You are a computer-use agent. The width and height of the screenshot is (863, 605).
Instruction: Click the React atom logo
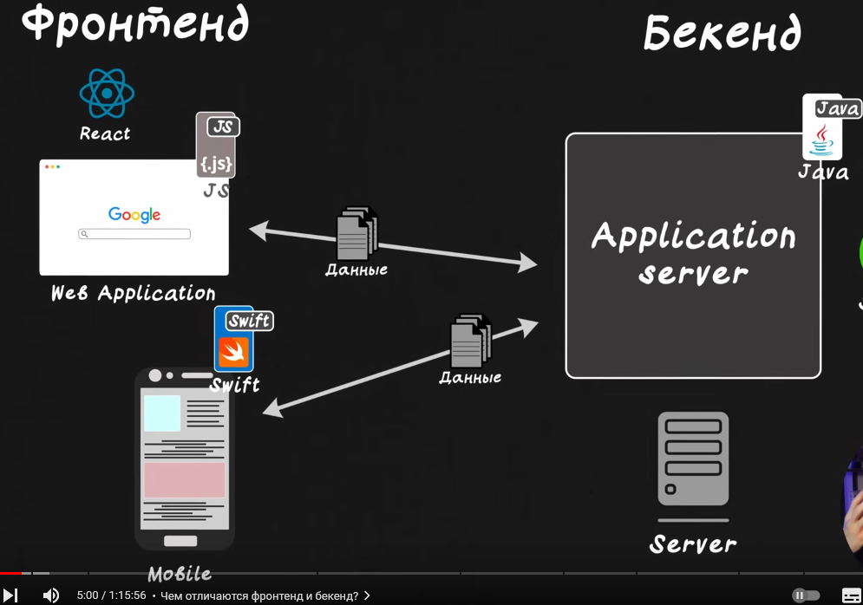coord(107,94)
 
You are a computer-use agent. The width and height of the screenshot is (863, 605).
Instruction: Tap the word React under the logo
coord(105,133)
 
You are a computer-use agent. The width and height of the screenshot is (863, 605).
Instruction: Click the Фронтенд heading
coord(135,24)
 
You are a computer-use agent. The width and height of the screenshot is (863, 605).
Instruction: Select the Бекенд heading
coord(722,35)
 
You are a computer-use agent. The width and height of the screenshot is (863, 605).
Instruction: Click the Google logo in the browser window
coord(134,214)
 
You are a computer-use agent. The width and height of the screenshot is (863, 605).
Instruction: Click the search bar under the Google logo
coord(134,234)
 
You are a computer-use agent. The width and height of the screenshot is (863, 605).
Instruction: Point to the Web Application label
coord(133,293)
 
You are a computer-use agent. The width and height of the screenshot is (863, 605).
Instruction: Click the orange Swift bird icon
coord(233,352)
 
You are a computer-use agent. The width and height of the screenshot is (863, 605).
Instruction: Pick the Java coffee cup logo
coord(821,140)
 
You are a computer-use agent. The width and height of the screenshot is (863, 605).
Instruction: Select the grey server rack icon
coord(693,459)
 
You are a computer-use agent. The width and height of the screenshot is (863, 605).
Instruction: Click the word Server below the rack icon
coord(693,544)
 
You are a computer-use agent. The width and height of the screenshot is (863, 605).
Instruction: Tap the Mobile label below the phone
coord(180,574)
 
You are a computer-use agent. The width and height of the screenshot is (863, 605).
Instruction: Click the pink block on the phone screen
coord(184,479)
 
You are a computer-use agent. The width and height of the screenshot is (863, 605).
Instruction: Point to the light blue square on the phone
coord(162,413)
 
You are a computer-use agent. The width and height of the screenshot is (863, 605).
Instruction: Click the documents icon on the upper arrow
coord(356,233)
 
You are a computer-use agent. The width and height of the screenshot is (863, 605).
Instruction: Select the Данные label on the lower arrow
coord(470,378)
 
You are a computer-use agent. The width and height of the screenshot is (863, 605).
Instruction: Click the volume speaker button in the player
coord(51,595)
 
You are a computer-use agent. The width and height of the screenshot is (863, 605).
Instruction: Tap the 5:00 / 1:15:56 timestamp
coord(111,595)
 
